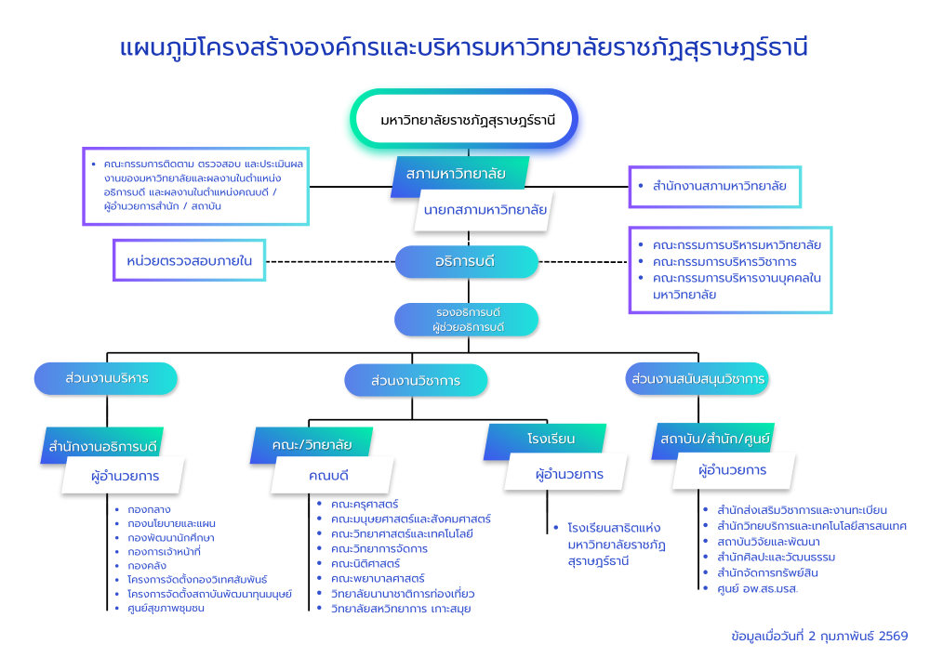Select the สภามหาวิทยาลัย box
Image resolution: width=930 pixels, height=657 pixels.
coord(456,174)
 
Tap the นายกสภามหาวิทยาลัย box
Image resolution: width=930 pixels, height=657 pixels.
coord(485,209)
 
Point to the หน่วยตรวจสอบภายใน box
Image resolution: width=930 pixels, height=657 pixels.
coord(189,261)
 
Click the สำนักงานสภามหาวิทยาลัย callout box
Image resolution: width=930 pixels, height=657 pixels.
coord(713,186)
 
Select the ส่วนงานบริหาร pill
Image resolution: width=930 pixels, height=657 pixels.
coord(105,378)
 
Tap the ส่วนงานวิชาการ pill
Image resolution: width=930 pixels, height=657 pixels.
coord(415,380)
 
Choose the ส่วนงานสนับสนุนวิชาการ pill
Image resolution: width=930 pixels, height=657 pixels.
coord(697,378)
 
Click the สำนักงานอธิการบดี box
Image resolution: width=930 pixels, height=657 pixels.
coord(104,445)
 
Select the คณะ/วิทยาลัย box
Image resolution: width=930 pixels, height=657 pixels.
coord(312,445)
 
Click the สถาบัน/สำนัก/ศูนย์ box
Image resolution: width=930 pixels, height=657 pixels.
coord(714,438)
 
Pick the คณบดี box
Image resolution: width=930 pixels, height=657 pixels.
coord(327,476)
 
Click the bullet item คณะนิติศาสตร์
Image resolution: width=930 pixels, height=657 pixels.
coord(365,563)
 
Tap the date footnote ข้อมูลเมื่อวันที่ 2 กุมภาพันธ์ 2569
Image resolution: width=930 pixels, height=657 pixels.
coord(819,636)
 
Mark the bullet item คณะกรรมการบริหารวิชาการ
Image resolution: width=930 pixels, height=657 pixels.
coord(724,261)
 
